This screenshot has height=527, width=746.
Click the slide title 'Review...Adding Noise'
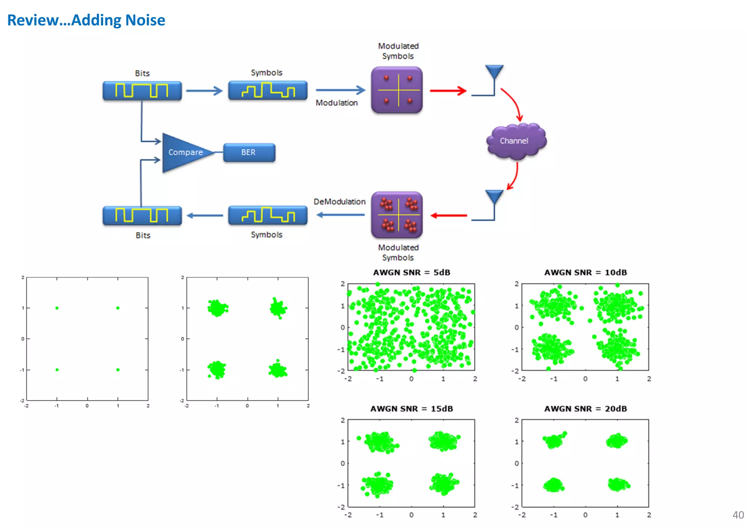click(x=86, y=20)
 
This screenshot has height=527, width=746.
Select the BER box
click(x=249, y=152)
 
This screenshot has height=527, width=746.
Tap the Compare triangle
click(x=184, y=153)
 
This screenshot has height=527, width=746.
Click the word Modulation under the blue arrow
click(x=337, y=103)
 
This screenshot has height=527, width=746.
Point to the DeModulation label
click(x=339, y=202)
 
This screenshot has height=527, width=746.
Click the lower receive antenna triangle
click(x=494, y=196)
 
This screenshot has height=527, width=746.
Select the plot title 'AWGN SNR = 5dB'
click(x=412, y=272)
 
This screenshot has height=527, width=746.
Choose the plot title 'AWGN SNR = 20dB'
click(x=585, y=409)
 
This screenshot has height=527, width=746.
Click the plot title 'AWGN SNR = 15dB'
click(x=412, y=409)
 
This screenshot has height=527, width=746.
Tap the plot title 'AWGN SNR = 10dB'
click(x=585, y=272)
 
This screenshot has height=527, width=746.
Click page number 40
click(x=738, y=515)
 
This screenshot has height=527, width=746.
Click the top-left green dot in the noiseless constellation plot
click(x=57, y=308)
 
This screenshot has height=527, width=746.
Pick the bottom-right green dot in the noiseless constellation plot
click(x=118, y=370)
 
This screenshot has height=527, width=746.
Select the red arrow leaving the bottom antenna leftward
click(x=449, y=216)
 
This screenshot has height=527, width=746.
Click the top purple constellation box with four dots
click(x=397, y=90)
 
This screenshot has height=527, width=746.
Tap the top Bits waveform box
click(x=142, y=91)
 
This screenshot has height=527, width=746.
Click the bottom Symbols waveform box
click(x=268, y=215)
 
